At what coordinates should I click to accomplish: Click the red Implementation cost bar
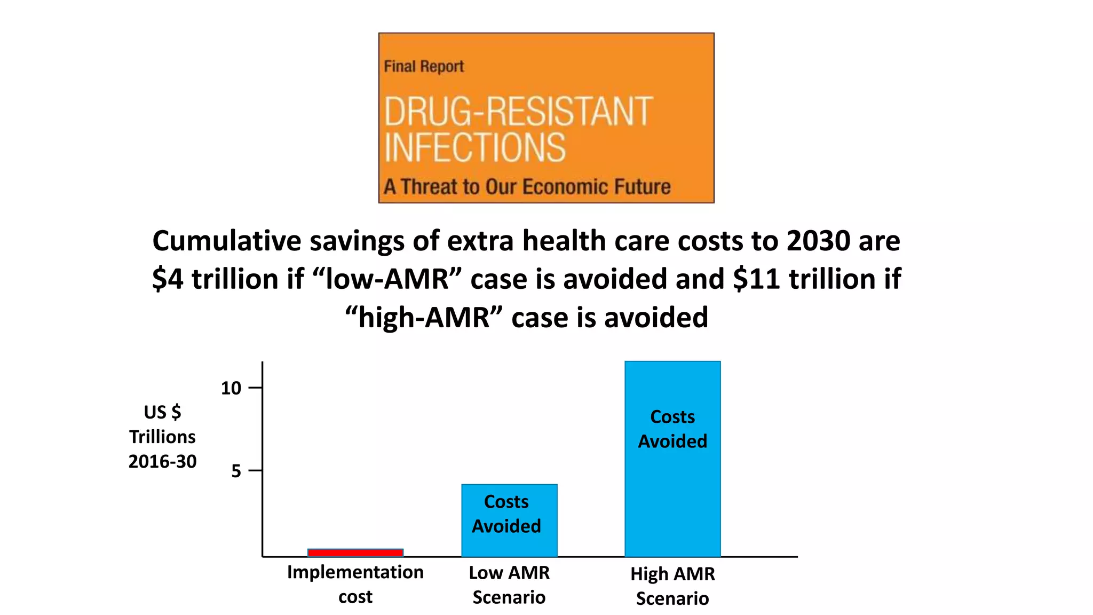(x=355, y=553)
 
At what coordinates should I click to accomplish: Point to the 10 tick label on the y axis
(x=231, y=388)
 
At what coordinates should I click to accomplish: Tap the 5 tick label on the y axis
(x=236, y=471)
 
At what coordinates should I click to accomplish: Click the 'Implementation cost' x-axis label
(x=355, y=584)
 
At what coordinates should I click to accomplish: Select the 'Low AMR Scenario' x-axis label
(x=509, y=585)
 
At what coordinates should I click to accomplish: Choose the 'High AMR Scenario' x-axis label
(x=672, y=586)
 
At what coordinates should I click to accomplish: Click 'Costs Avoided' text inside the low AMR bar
(x=506, y=514)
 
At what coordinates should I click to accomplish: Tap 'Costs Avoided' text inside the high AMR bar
(x=672, y=429)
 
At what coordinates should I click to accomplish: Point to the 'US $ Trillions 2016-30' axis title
(x=162, y=437)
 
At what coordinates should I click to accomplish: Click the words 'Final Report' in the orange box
(x=424, y=67)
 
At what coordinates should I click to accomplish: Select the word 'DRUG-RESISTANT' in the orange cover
(x=518, y=112)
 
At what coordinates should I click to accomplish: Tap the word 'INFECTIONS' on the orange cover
(x=474, y=148)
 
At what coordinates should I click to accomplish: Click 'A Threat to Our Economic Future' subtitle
(x=527, y=187)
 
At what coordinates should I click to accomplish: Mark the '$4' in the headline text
(x=168, y=279)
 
